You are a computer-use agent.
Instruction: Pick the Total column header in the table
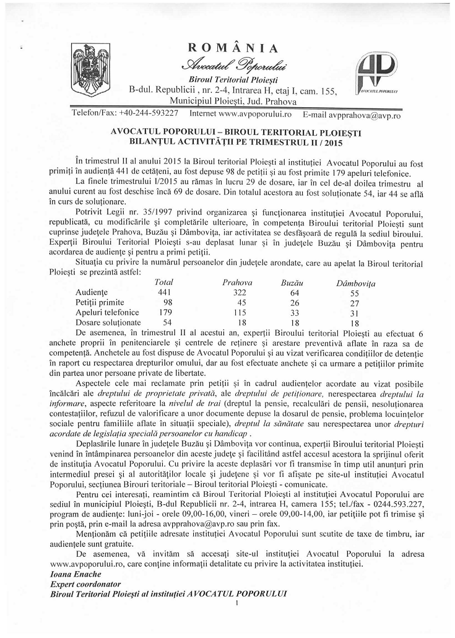(164, 282)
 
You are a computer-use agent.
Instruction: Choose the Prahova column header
(237, 282)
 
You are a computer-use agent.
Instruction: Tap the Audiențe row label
(92, 292)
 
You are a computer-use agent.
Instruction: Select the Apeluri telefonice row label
(106, 312)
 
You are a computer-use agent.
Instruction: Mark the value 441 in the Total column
(164, 292)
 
